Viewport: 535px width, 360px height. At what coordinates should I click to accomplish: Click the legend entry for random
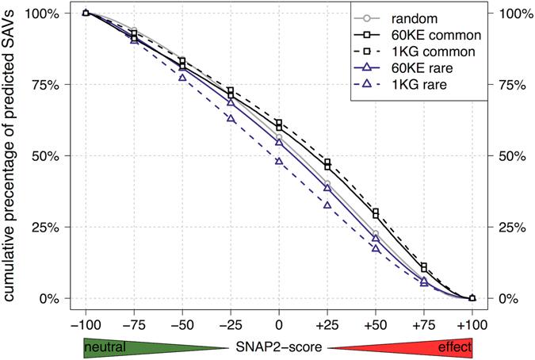pos(417,17)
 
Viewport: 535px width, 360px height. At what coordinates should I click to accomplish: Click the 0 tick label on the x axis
pos(278,325)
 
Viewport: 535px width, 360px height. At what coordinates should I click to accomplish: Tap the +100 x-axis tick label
pos(472,325)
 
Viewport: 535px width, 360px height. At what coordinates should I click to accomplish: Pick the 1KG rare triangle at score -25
pos(230,118)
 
